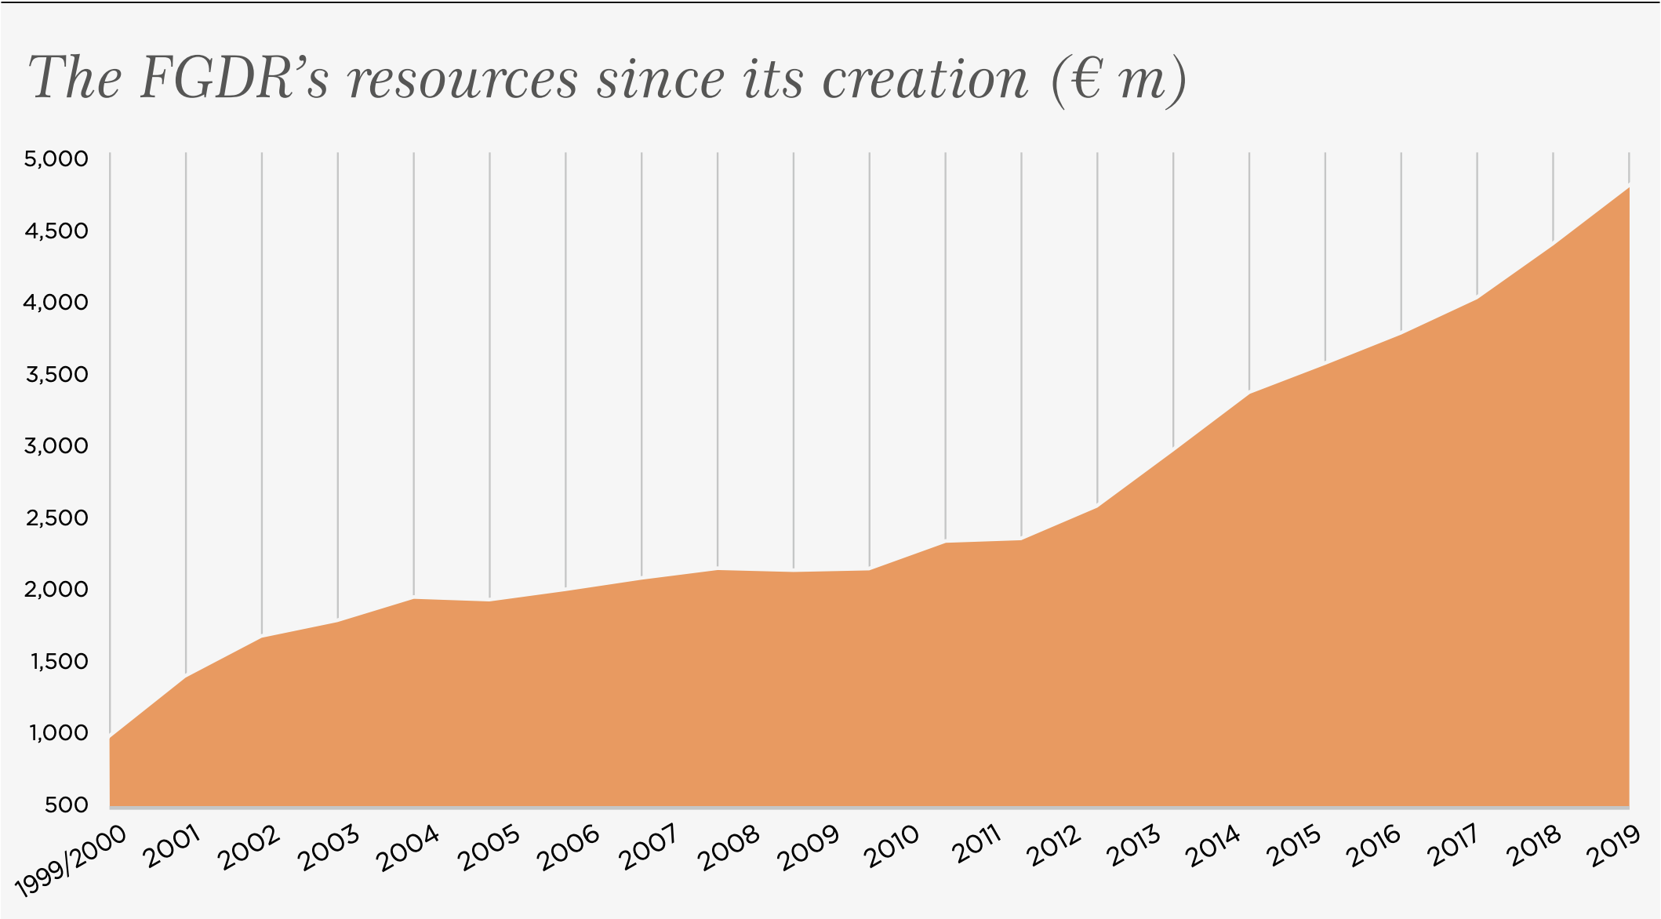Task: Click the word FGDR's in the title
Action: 234,78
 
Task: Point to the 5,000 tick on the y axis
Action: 56,159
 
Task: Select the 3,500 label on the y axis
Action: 56,374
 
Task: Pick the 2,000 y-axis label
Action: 56,590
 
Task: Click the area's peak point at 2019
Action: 1629,188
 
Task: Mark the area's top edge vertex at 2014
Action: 1249,393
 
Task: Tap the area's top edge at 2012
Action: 1097,507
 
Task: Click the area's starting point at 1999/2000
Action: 111,739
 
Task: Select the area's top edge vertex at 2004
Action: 414,599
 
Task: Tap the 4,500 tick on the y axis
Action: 56,231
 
